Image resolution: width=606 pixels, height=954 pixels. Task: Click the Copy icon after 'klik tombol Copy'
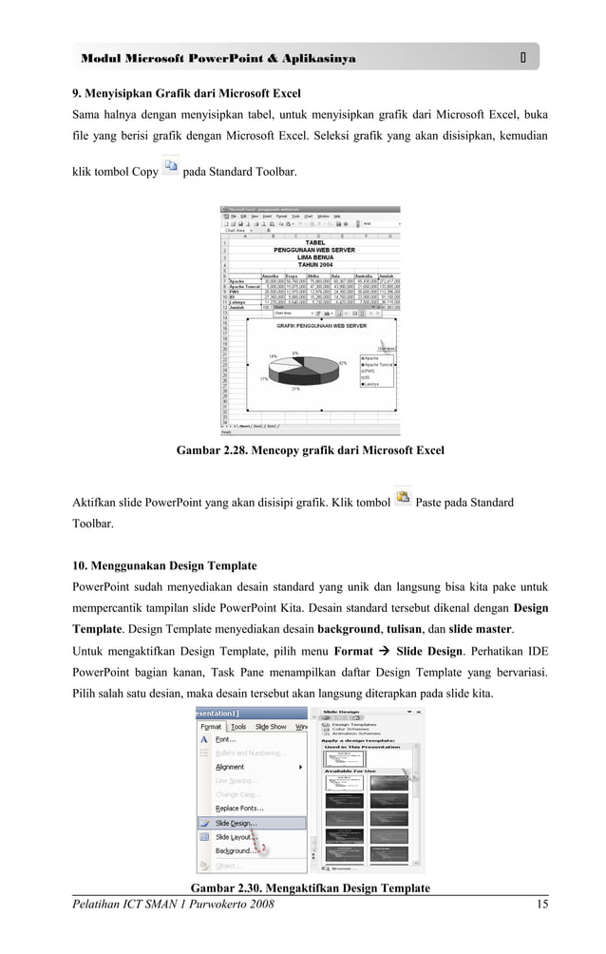171,167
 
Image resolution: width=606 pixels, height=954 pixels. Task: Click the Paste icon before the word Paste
403,497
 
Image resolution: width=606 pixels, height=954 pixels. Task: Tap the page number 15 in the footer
541,904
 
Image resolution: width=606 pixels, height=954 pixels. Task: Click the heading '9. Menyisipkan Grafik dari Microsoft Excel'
187,93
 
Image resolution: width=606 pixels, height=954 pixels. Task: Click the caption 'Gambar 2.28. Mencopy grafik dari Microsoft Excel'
310,449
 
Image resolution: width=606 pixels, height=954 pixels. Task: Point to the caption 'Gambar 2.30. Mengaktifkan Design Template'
310,887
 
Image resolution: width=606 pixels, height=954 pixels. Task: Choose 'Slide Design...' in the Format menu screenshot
236,823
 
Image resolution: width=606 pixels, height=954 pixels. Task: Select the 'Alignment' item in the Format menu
230,767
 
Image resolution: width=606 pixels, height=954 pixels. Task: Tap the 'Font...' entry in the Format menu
226,739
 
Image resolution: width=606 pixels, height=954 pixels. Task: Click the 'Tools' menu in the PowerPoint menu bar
238,726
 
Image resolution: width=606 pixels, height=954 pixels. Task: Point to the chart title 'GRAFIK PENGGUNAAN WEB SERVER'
321,325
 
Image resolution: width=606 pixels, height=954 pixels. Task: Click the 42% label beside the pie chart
342,363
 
